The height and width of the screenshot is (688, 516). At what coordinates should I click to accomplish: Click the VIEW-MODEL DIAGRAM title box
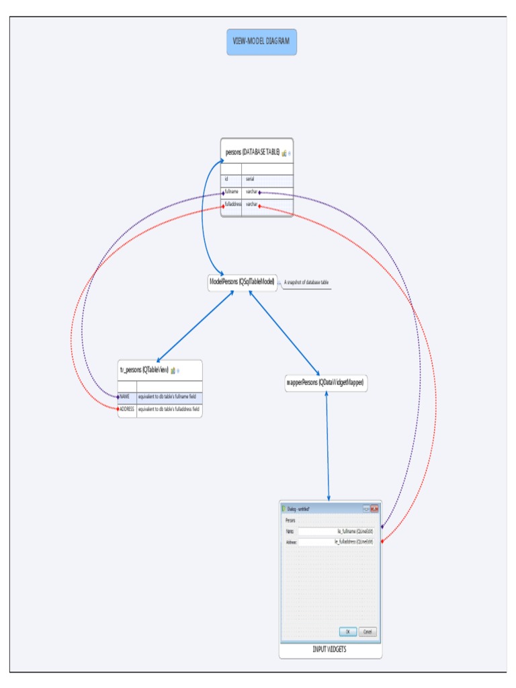point(261,42)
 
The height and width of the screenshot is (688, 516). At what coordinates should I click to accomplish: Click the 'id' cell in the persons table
point(231,179)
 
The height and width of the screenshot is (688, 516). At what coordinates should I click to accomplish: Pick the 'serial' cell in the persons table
point(267,179)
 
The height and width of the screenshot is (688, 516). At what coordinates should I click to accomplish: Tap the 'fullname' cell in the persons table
point(232,192)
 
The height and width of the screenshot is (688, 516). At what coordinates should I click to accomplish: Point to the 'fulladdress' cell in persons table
point(232,204)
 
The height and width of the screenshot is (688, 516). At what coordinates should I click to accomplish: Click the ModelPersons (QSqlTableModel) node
point(242,283)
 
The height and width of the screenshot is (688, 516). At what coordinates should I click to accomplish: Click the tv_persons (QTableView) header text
point(144,370)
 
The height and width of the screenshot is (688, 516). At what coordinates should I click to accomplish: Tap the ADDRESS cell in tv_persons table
point(128,408)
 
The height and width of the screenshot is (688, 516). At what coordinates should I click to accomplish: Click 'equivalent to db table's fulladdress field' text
point(169,408)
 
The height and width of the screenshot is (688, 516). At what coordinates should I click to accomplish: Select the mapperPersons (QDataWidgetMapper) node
point(326,382)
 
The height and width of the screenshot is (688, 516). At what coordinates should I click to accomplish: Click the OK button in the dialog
point(348,632)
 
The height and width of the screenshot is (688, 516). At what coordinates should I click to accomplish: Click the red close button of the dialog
point(374,508)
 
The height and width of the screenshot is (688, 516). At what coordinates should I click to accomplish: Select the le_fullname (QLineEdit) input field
point(335,531)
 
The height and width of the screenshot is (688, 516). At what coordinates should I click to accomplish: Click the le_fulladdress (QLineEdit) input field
point(335,542)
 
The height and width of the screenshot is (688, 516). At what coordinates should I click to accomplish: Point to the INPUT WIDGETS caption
point(330,650)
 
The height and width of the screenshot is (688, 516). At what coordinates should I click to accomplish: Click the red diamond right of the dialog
point(382,541)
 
